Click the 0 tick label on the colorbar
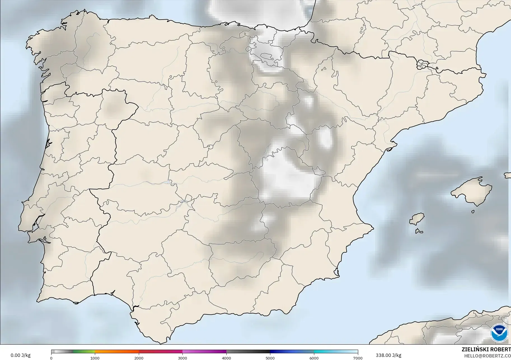pos(51,358)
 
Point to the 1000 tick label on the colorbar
pos(95,358)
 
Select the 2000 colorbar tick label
pos(139,358)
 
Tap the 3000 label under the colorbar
pos(182,358)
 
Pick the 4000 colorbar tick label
pos(226,358)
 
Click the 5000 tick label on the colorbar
pos(270,358)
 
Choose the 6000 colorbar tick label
pos(314,358)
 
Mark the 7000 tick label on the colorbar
pos(358,358)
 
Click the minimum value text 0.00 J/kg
pos(20,355)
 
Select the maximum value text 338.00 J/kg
pos(388,355)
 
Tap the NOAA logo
pos(499,333)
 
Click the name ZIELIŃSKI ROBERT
pos(486,349)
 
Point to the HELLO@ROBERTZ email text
pos(487,356)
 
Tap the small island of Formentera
pos(419,231)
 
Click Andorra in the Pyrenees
pos(422,65)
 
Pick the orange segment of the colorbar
pos(117,352)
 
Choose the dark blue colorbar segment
pos(292,352)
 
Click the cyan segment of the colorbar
pos(336,352)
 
